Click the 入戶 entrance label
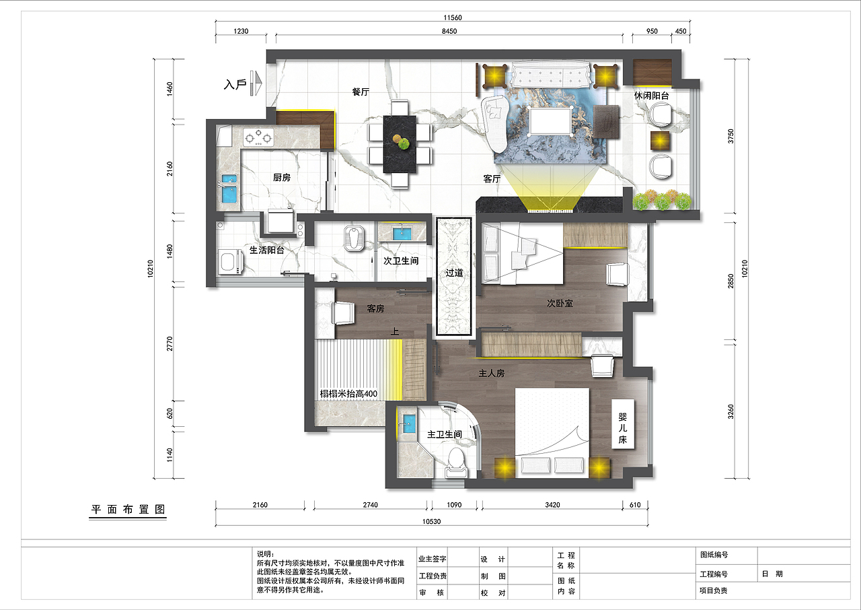coord(235,84)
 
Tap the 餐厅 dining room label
coord(361,92)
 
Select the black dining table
coord(400,144)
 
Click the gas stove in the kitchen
coord(259,137)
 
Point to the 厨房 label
coord(282,177)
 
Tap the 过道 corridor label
coord(454,273)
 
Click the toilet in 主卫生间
coord(456,463)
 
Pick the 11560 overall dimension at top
coord(453,18)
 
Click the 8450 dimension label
coord(449,31)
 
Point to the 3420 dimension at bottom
coord(552,504)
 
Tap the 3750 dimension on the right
coord(731,136)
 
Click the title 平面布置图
coord(128,509)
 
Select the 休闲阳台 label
coord(652,96)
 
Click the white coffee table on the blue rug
coord(550,121)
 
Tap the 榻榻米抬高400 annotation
coord(348,394)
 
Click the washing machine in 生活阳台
coord(230,261)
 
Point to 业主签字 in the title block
coord(433,559)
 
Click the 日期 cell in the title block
coord(772,574)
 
